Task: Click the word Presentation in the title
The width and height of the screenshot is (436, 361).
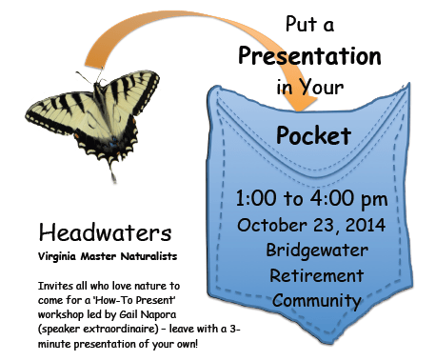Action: (x=309, y=56)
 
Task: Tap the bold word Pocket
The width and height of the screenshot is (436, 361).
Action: (x=313, y=135)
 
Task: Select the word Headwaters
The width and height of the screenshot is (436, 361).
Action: (x=105, y=232)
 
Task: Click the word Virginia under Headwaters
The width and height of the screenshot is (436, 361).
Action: (x=57, y=256)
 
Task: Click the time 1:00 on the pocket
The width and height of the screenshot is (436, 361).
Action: (x=256, y=198)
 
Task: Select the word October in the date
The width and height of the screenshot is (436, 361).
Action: (x=272, y=225)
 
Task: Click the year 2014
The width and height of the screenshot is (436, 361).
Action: (x=366, y=225)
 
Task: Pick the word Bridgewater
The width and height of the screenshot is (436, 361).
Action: (x=317, y=251)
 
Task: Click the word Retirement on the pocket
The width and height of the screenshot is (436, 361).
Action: (x=316, y=275)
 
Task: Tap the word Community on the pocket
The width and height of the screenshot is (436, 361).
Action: (x=317, y=301)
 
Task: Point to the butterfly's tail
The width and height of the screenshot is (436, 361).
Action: (x=112, y=173)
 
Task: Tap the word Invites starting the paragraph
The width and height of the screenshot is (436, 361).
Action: (x=55, y=286)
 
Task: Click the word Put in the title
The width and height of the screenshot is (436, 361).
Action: (x=302, y=24)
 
